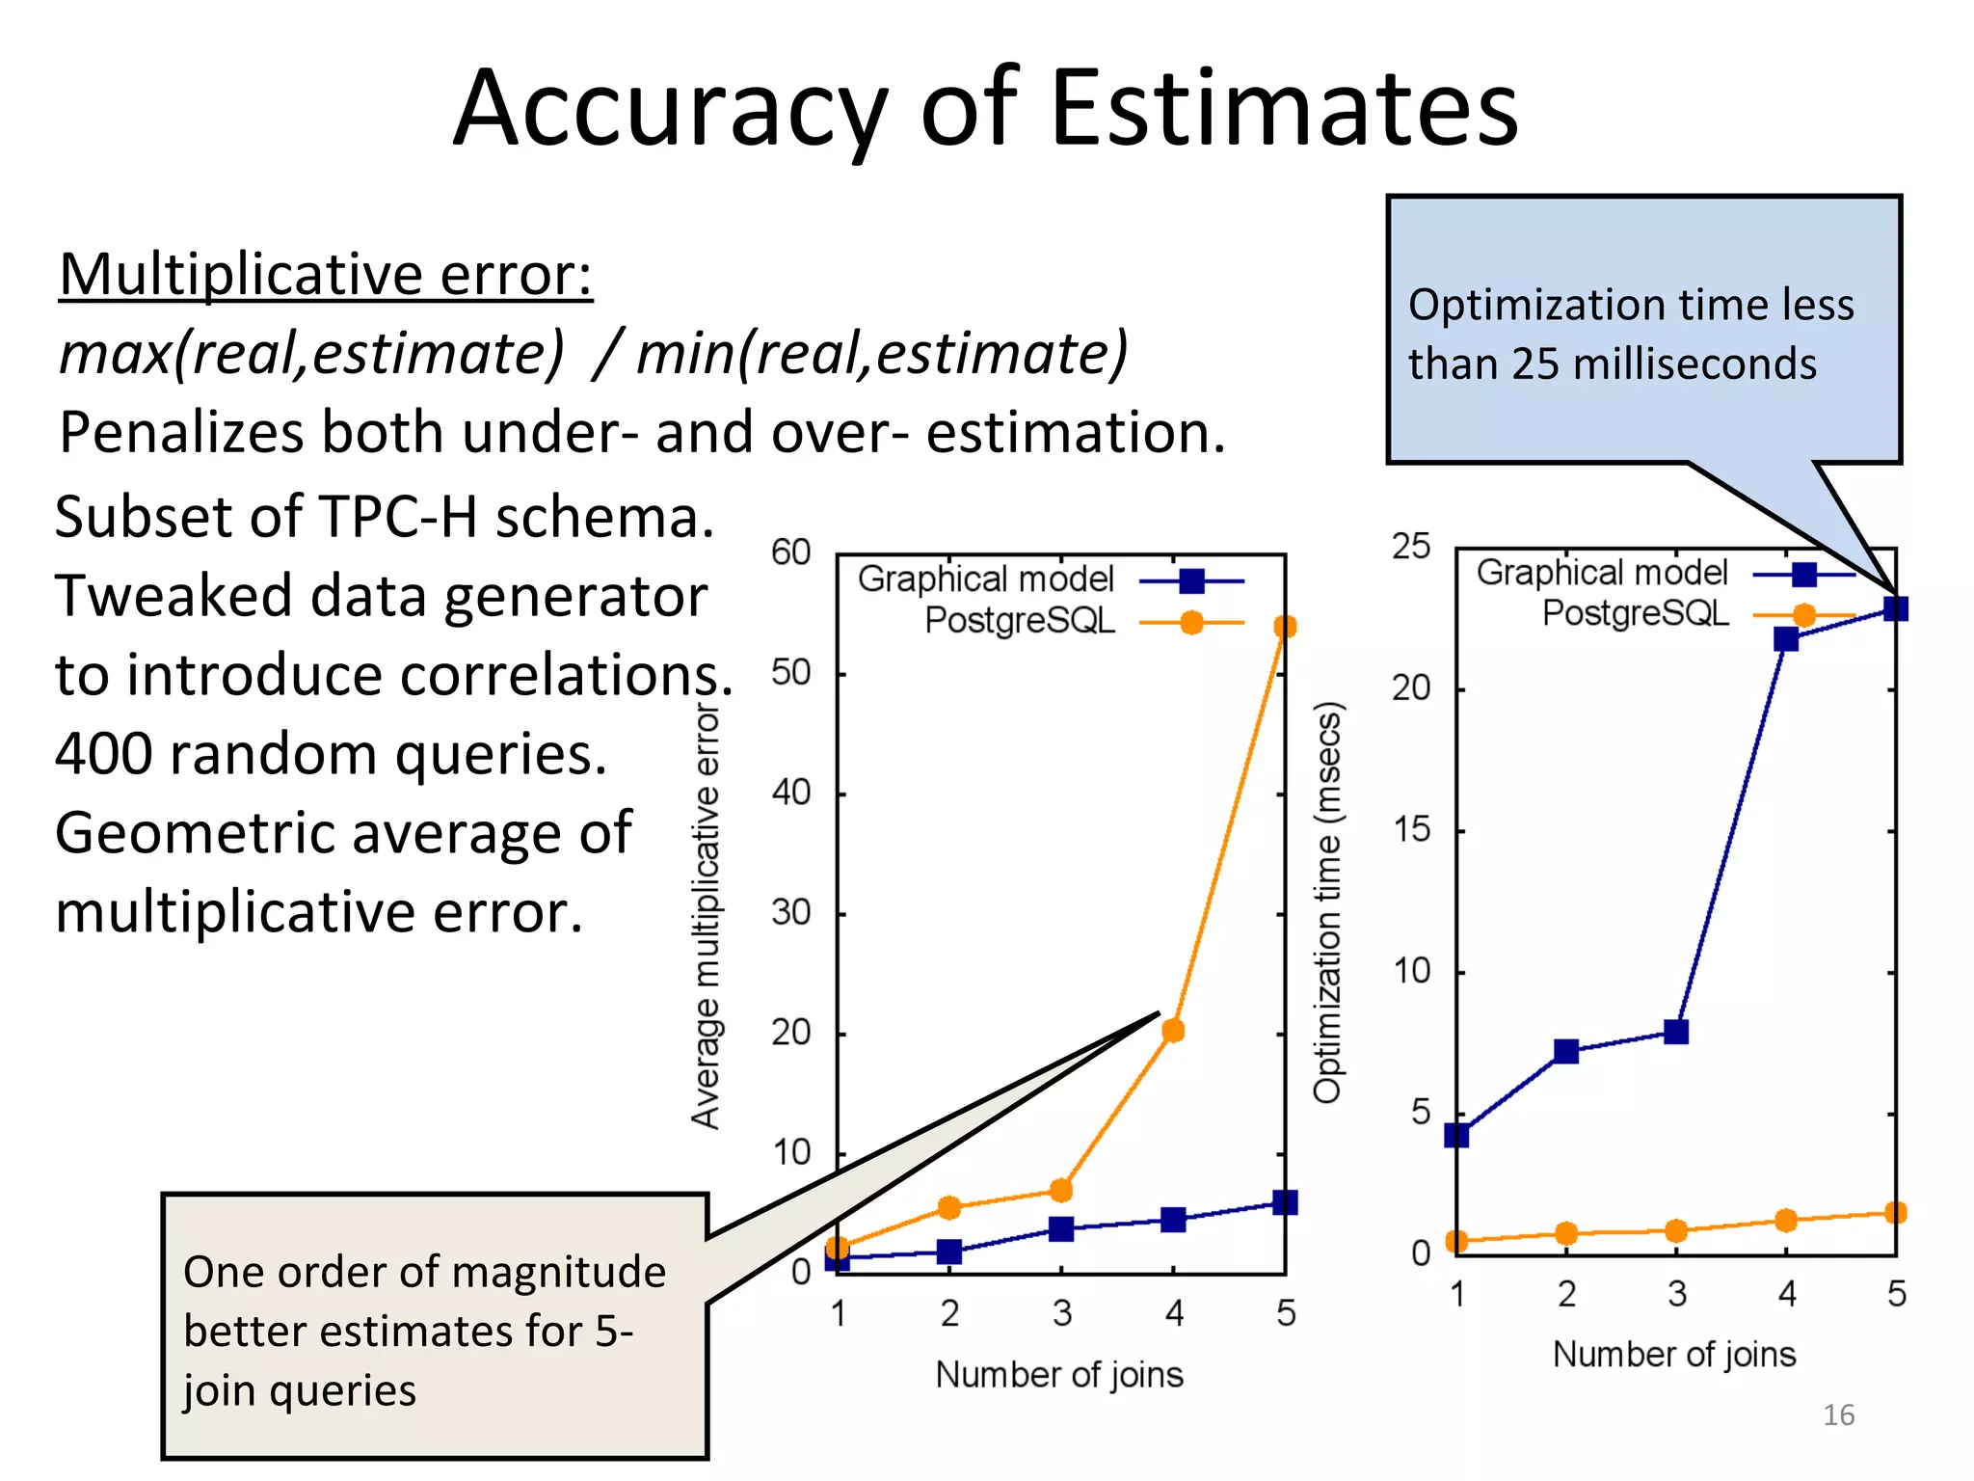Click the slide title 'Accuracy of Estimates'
pos(985,108)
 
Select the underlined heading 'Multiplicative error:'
pos(326,275)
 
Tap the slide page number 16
pos(1838,1414)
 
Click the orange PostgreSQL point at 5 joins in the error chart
pos(1285,627)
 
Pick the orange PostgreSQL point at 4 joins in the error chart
pos(1173,1031)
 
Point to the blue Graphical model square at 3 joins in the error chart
pos(1061,1228)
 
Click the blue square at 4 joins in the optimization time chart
pos(1786,639)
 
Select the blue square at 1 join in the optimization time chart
pos(1456,1135)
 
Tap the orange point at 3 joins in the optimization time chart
pos(1676,1231)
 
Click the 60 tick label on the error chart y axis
pos(790,552)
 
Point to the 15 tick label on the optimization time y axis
pos(1411,830)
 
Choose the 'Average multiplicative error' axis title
pos(706,916)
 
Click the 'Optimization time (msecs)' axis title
pos(1328,902)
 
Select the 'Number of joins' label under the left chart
pos(1059,1374)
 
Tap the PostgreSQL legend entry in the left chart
pos(1020,621)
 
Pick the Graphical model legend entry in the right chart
pos(1602,573)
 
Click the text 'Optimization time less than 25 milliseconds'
pos(1631,334)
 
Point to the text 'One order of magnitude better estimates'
pos(424,1302)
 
